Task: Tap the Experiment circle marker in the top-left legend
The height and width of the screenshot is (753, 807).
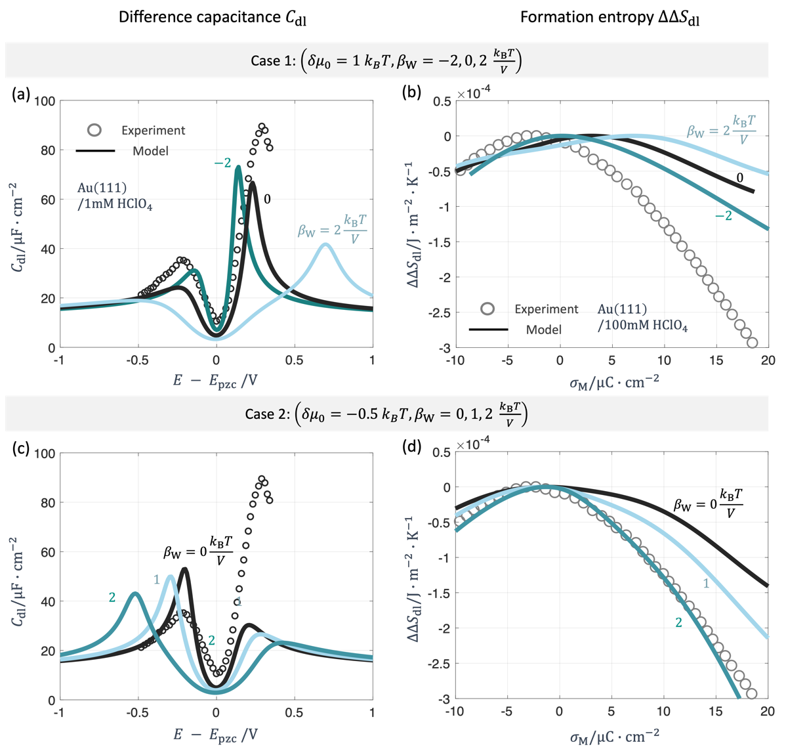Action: click(94, 130)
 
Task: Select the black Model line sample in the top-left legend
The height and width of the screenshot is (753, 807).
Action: click(95, 151)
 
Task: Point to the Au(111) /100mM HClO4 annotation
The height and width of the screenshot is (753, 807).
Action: click(642, 317)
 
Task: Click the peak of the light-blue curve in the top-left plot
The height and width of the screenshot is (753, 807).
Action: click(325, 244)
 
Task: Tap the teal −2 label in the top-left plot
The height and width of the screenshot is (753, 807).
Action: click(222, 163)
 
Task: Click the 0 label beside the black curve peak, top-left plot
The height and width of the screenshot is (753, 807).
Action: click(267, 199)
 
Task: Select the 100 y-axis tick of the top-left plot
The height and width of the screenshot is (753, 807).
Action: click(45, 101)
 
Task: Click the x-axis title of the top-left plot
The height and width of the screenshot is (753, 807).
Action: click(216, 381)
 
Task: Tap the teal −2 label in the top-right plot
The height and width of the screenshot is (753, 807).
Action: click(723, 215)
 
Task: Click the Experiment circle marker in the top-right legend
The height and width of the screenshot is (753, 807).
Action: click(487, 309)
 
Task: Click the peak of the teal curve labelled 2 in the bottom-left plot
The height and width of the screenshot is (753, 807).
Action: click(134, 593)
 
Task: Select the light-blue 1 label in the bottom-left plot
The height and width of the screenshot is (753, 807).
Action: click(157, 579)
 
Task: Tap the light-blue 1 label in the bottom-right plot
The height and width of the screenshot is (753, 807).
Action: click(706, 583)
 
